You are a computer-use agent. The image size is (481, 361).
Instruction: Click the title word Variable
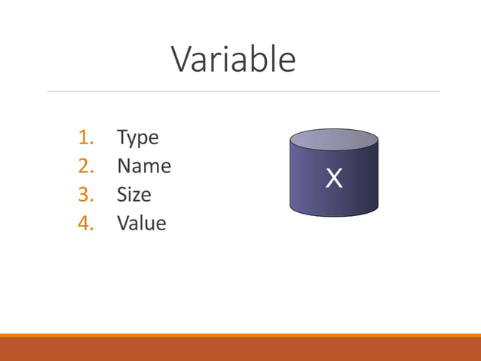point(233,59)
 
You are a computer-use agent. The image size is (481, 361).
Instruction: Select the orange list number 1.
point(85,137)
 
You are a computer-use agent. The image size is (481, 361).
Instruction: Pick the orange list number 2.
point(85,166)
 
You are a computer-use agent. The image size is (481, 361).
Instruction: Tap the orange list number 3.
point(85,195)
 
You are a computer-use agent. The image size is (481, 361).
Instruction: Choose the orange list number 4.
point(85,224)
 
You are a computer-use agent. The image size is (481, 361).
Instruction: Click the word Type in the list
point(137,138)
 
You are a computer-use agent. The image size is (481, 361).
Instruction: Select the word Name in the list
point(143,166)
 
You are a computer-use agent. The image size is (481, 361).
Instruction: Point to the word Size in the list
point(133,195)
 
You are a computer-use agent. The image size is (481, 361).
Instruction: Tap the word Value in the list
point(141,224)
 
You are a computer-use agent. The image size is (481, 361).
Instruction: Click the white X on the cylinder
point(333,179)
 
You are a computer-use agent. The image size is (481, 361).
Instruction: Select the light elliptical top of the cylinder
point(333,140)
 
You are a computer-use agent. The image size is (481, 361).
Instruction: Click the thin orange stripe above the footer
point(240,335)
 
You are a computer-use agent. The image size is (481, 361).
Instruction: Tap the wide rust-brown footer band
point(240,350)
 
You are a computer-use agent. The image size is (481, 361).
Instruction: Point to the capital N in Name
point(124,166)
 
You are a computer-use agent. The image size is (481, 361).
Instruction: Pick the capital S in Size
point(122,195)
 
